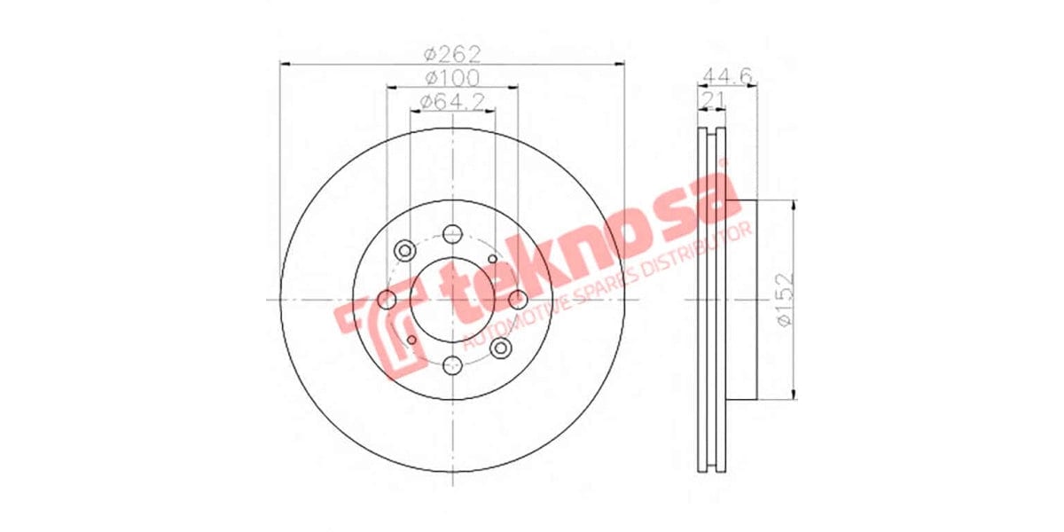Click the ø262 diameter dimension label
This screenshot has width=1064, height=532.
click(452, 51)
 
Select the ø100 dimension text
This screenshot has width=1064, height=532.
click(452, 76)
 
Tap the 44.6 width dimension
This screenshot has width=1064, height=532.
click(727, 76)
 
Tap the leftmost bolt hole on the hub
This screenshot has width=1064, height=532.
click(387, 300)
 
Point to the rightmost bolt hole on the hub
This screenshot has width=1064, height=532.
click(518, 300)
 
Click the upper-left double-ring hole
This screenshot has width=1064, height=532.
click(405, 250)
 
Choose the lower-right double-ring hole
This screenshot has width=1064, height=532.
click(501, 348)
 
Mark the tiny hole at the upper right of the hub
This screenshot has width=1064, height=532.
click(493, 258)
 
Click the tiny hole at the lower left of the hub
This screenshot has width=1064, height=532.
click(411, 340)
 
